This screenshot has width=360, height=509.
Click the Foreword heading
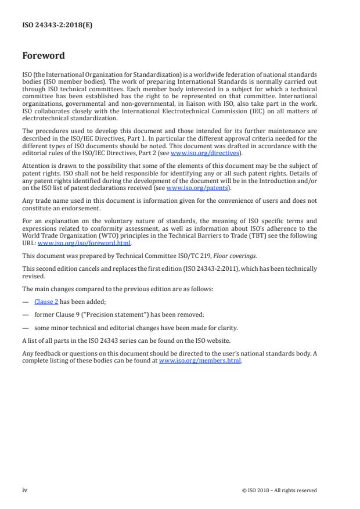(44, 56)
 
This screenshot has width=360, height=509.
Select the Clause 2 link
(46, 302)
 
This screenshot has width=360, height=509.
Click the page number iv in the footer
(25, 490)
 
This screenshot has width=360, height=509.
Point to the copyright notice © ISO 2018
(279, 490)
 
